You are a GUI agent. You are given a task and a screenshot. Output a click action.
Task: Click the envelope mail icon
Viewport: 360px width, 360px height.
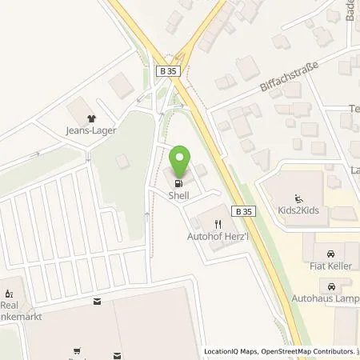click(x=98, y=302)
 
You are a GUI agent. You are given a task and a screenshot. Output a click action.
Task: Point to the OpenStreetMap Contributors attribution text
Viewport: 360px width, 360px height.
click(x=309, y=351)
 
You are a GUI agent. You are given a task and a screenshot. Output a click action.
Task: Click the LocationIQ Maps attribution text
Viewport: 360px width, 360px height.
click(x=232, y=351)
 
